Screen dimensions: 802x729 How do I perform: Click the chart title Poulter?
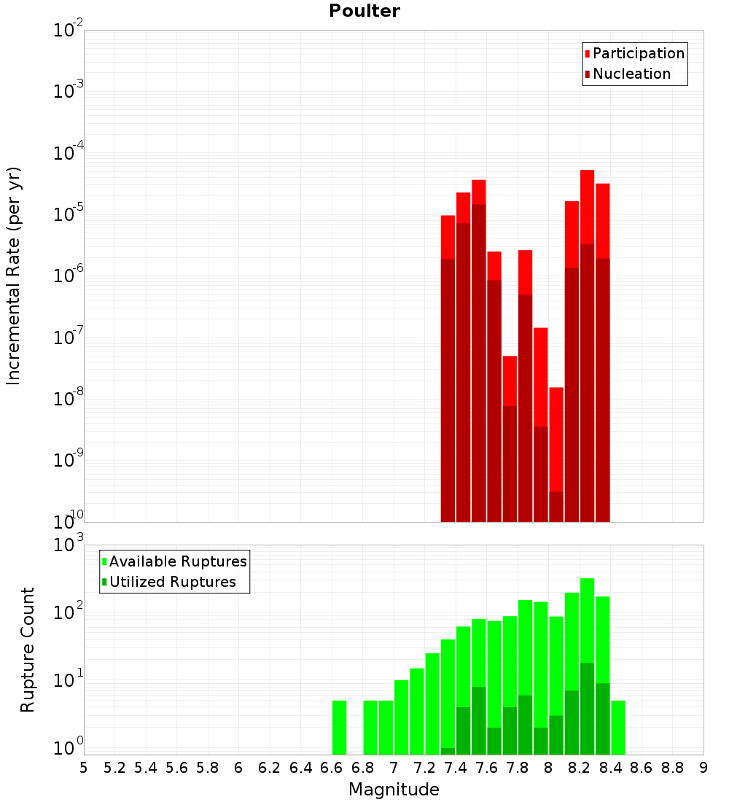pyautogui.click(x=364, y=11)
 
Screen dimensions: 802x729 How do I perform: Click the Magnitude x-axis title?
pyautogui.click(x=394, y=790)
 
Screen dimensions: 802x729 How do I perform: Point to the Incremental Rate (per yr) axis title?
pyautogui.click(x=14, y=276)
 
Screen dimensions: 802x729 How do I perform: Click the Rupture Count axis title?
pyautogui.click(x=28, y=649)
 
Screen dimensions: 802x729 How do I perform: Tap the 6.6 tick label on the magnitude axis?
pyautogui.click(x=331, y=768)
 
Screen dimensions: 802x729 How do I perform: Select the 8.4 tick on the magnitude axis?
pyautogui.click(x=610, y=768)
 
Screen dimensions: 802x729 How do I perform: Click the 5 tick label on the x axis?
pyautogui.click(x=84, y=768)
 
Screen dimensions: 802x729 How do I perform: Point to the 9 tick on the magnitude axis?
pyautogui.click(x=703, y=768)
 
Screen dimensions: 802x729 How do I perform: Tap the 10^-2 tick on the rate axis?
pyautogui.click(x=69, y=31)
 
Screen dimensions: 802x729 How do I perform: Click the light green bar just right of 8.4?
pyautogui.click(x=618, y=728)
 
